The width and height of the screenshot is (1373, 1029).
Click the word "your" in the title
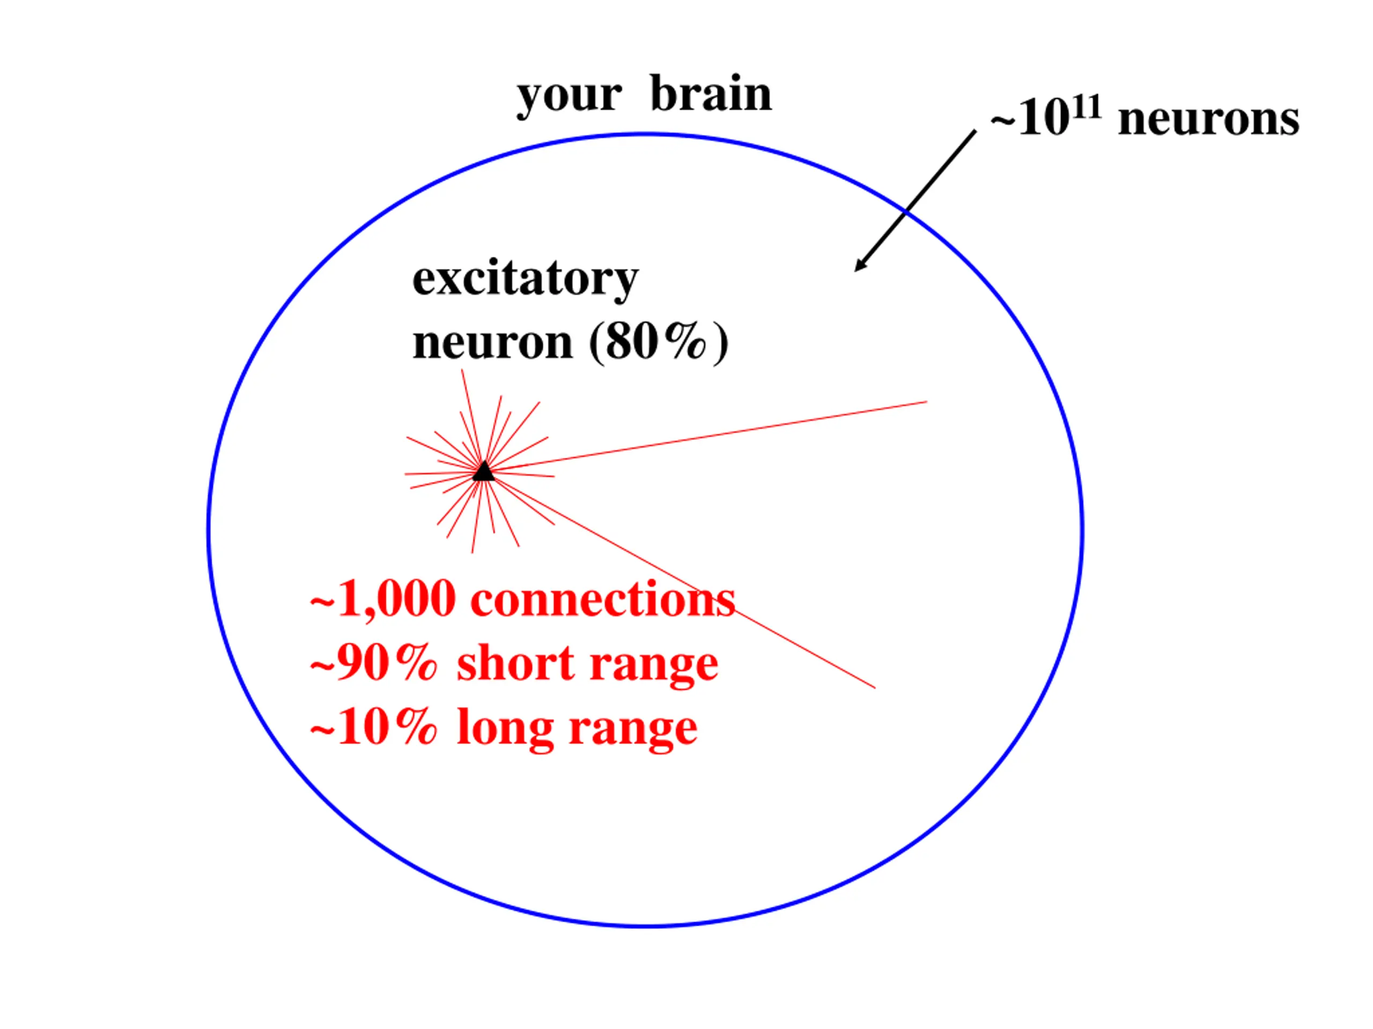(569, 98)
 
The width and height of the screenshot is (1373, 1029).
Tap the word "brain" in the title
(711, 94)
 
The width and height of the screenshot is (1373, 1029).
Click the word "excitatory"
(525, 280)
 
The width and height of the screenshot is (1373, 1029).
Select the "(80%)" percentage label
(659, 342)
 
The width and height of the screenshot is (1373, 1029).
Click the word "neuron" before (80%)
(493, 343)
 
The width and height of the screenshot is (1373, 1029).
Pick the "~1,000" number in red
(382, 599)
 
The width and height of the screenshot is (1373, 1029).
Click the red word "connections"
(603, 600)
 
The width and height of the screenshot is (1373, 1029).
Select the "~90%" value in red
(373, 663)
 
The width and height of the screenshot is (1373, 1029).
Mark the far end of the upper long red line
(927, 402)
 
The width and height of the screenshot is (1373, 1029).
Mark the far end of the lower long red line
(875, 688)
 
